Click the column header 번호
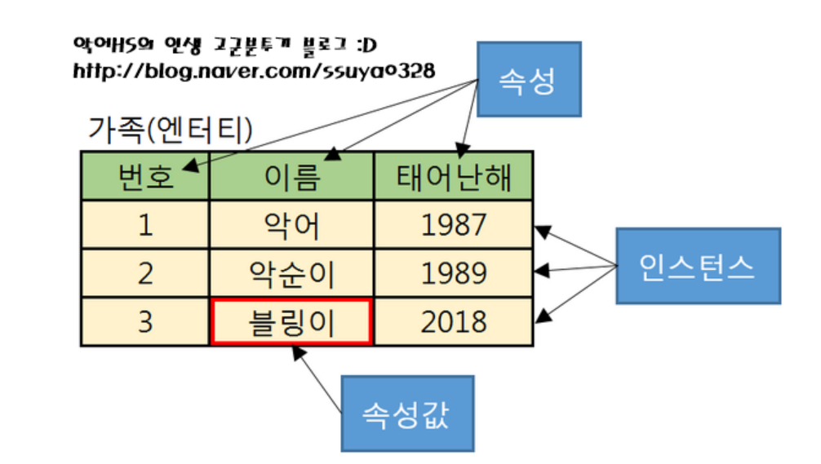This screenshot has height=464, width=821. (x=145, y=176)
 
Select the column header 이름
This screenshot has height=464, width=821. (x=291, y=176)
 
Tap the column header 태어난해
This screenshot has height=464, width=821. (x=454, y=176)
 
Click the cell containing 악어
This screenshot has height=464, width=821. (x=291, y=224)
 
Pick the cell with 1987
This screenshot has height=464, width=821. (x=454, y=224)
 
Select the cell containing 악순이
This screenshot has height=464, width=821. (x=291, y=273)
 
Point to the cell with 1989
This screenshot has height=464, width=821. (x=454, y=273)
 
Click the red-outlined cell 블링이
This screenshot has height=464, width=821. (x=291, y=322)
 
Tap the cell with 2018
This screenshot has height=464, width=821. (x=454, y=322)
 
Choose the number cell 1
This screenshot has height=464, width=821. (x=145, y=224)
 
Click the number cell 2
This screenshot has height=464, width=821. (x=145, y=273)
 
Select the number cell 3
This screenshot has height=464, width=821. (x=145, y=322)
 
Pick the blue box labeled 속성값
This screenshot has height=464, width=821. (x=406, y=413)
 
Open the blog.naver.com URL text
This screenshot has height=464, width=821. (x=254, y=71)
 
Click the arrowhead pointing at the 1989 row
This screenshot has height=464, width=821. (x=541, y=270)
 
